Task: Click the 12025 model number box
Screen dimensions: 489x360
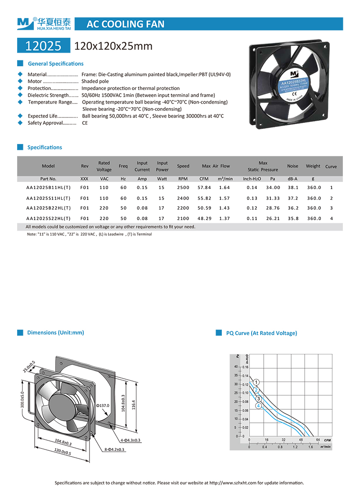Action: (43, 46)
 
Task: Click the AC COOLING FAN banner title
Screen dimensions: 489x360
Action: (125, 24)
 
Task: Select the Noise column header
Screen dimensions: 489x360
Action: (292, 166)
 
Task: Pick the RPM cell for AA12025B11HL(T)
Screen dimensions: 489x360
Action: (183, 187)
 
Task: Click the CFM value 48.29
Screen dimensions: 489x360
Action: (205, 218)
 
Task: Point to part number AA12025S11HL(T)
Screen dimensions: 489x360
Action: (48, 198)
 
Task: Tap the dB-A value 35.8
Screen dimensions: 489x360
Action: (292, 218)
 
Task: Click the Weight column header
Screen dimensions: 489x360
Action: (313, 166)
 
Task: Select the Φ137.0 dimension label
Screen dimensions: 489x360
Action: (103, 405)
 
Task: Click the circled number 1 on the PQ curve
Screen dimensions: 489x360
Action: (256, 382)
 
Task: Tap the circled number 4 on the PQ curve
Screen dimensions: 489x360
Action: (259, 406)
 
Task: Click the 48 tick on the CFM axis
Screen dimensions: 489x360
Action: (301, 439)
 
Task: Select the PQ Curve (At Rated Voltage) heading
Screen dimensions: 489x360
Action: (261, 333)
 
